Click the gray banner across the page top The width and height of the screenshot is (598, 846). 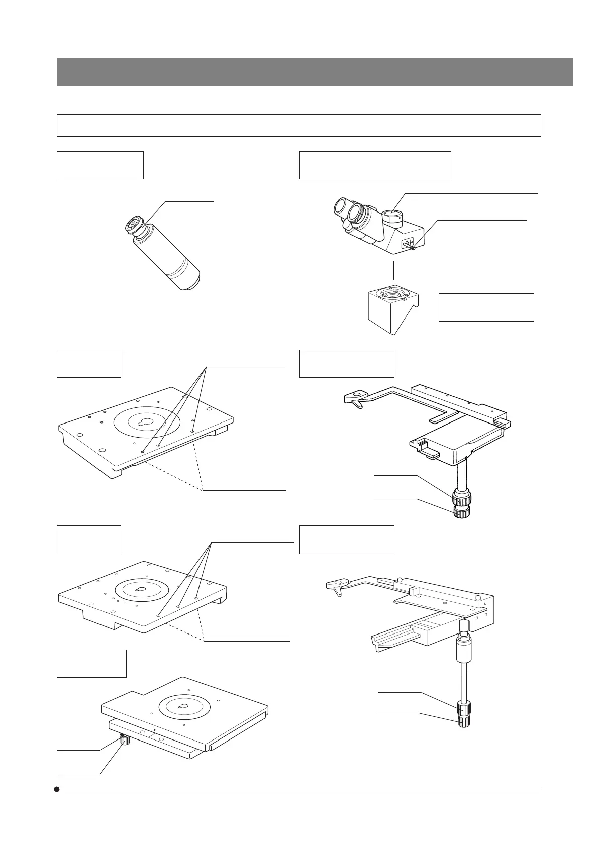(x=315, y=72)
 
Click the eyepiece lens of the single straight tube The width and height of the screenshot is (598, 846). (x=135, y=224)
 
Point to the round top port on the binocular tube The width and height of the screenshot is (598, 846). (x=392, y=215)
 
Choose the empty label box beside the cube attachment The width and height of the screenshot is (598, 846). (x=486, y=307)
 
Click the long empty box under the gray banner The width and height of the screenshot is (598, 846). (x=298, y=125)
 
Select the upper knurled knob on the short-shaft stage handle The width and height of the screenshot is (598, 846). (x=461, y=499)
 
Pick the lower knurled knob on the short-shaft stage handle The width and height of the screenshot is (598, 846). (x=461, y=512)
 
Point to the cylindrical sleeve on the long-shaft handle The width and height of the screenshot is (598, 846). (x=463, y=651)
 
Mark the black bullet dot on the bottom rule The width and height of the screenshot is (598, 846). (x=57, y=789)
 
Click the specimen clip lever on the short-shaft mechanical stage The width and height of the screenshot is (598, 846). (x=354, y=399)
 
